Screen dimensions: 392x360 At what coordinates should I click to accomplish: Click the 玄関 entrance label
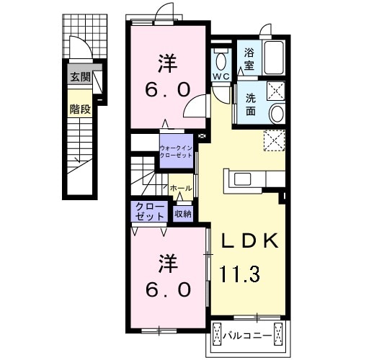[80, 77]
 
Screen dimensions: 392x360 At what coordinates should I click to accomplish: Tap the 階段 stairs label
[80, 109]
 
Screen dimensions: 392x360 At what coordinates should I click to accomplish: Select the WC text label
[221, 76]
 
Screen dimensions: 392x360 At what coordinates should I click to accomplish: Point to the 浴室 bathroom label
[249, 59]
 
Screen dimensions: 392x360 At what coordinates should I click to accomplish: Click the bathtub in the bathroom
[274, 58]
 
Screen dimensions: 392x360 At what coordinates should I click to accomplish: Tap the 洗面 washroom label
[250, 104]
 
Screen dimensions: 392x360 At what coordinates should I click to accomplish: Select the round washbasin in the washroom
[277, 114]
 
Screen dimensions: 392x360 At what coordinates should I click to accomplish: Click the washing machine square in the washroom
[276, 91]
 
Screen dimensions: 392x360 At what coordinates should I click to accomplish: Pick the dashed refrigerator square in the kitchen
[275, 140]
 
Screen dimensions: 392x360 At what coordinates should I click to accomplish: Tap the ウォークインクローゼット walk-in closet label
[177, 151]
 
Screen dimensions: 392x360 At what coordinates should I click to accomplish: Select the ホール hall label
[181, 189]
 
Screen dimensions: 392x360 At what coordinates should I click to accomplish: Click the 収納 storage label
[183, 214]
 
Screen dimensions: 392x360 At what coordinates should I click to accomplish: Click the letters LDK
[249, 240]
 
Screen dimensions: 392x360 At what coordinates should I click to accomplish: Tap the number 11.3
[240, 274]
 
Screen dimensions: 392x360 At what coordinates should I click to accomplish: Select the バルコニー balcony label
[247, 336]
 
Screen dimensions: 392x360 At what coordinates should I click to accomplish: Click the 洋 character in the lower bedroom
[168, 264]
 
